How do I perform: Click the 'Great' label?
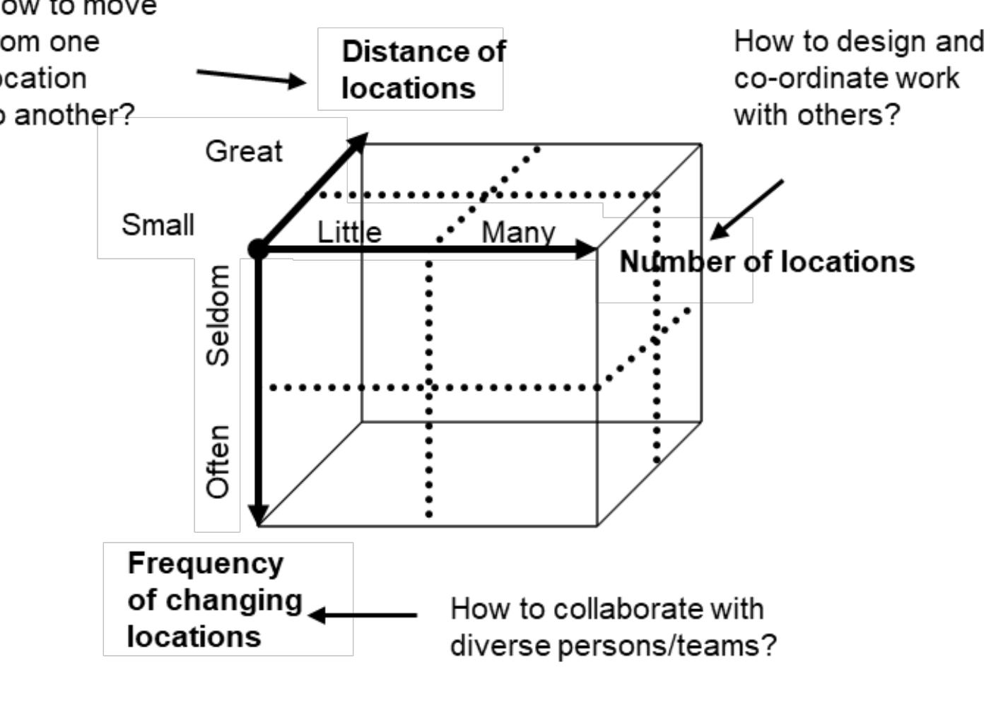pyautogui.click(x=243, y=151)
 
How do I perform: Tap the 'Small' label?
pyautogui.click(x=158, y=225)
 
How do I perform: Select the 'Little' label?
pyautogui.click(x=349, y=232)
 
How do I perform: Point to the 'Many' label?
pyautogui.click(x=518, y=232)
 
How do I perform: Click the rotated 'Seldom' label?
pyautogui.click(x=218, y=315)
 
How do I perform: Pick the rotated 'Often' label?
pyautogui.click(x=218, y=461)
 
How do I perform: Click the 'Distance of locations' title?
pyautogui.click(x=423, y=69)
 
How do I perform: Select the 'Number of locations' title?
pyautogui.click(x=766, y=261)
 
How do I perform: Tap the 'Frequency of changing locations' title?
pyautogui.click(x=214, y=599)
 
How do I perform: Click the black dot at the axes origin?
pyautogui.click(x=258, y=248)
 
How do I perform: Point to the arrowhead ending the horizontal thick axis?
pyautogui.click(x=587, y=248)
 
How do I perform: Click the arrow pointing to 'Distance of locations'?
pyautogui.click(x=252, y=76)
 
